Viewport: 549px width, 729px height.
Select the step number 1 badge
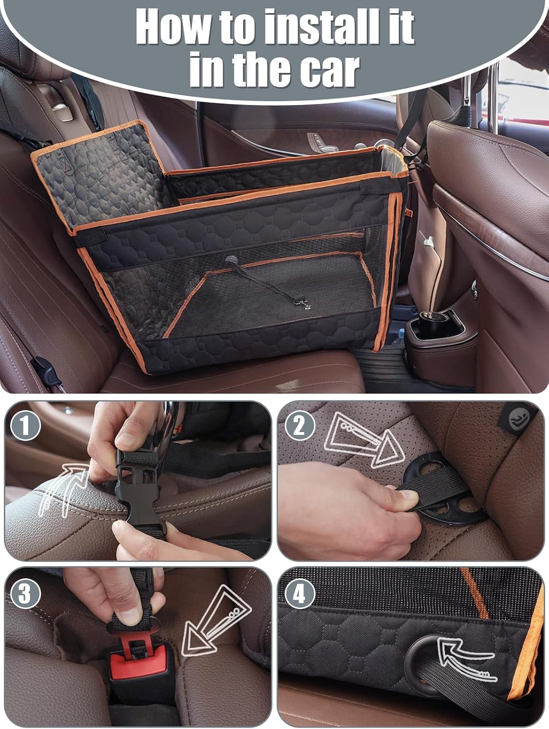click(x=24, y=426)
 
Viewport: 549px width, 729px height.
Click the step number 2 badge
click(x=300, y=426)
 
